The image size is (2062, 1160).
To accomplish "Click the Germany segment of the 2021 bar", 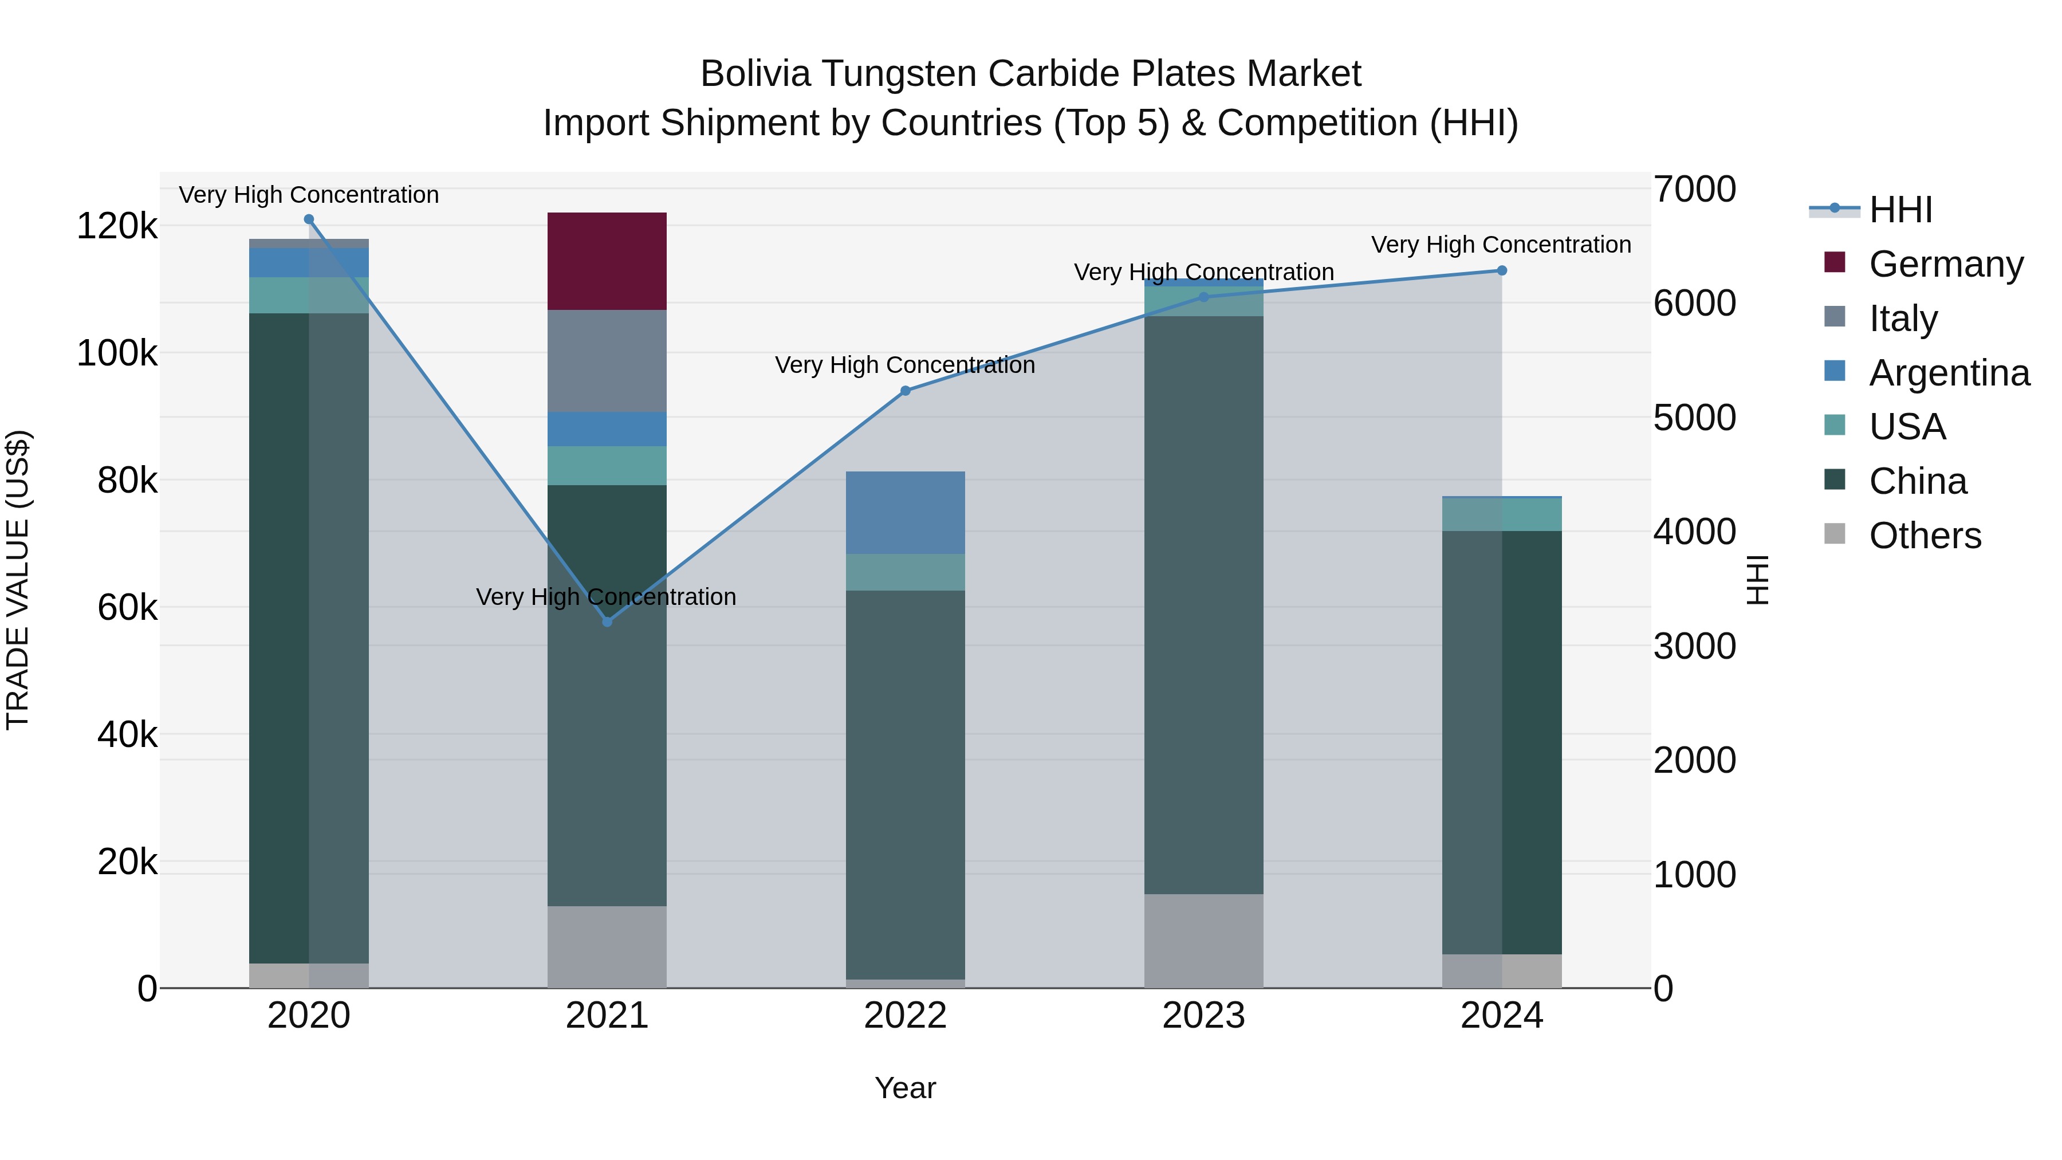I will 607,261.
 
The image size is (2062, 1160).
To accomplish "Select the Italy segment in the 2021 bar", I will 607,361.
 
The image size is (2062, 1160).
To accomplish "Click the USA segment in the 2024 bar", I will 1502,515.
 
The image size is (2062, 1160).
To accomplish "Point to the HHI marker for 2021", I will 607,621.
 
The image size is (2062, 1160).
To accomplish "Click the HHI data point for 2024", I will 1502,270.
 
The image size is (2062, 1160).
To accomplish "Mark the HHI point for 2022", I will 906,391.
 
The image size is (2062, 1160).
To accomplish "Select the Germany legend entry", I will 1946,264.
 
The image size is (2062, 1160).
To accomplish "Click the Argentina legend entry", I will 1949,372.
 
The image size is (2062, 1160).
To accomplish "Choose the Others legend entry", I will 1925,535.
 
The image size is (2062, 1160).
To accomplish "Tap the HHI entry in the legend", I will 1900,210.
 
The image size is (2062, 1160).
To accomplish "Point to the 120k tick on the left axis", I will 117,226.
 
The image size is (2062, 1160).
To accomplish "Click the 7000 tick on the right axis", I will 1695,190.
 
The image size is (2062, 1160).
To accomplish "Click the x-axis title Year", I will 906,1088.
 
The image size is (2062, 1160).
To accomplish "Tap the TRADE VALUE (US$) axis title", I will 18,580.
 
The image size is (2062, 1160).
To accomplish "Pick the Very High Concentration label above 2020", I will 309,195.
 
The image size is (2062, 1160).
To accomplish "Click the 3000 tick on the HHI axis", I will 1695,646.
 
